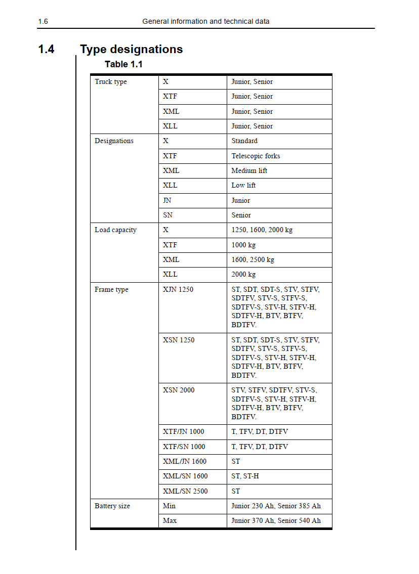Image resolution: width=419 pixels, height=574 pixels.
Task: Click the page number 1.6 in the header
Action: pyautogui.click(x=43, y=21)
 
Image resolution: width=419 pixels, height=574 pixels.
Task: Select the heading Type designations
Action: pyautogui.click(x=131, y=49)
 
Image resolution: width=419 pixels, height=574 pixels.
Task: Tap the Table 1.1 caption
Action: pyautogui.click(x=123, y=64)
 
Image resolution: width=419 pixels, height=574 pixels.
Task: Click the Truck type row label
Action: pyautogui.click(x=111, y=82)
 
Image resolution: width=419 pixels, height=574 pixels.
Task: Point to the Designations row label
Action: pyautogui.click(x=114, y=141)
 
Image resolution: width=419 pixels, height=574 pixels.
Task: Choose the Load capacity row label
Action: pyautogui.click(x=115, y=230)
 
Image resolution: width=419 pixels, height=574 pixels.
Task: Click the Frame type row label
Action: pyautogui.click(x=111, y=290)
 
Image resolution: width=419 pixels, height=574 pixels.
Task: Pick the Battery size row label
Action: pyautogui.click(x=112, y=506)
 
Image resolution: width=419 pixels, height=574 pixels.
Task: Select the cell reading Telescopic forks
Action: pyautogui.click(x=256, y=156)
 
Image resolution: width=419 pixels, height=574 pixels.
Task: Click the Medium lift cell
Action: pyautogui.click(x=249, y=171)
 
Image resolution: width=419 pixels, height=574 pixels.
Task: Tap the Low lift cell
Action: pyautogui.click(x=243, y=186)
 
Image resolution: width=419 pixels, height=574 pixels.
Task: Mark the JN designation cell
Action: pyautogui.click(x=167, y=200)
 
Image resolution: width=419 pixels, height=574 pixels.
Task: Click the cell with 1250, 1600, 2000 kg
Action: pyautogui.click(x=262, y=230)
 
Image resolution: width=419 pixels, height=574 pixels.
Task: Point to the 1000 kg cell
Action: pyautogui.click(x=243, y=245)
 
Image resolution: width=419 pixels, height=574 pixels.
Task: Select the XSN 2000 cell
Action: pyautogui.click(x=179, y=390)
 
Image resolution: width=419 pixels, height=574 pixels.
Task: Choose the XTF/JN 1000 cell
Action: pyautogui.click(x=184, y=432)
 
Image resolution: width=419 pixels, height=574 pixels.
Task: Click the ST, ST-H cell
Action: pyautogui.click(x=245, y=476)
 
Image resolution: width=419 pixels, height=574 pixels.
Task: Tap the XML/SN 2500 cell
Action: pyautogui.click(x=185, y=491)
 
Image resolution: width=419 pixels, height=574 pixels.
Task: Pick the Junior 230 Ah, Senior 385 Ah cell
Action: pyautogui.click(x=276, y=506)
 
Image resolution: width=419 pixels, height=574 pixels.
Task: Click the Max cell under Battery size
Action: pyautogui.click(x=170, y=521)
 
